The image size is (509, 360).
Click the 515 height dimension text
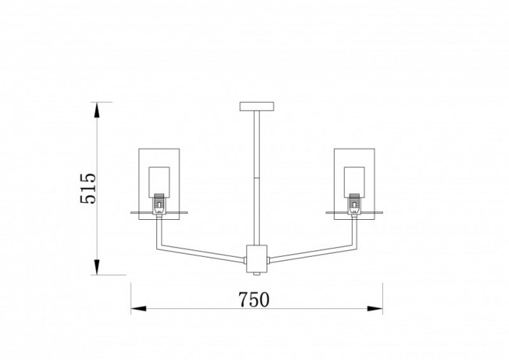point(88,189)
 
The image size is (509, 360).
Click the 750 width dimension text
point(254,300)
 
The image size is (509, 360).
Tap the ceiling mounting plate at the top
point(256,106)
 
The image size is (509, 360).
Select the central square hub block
point(256,259)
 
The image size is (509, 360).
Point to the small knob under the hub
point(256,274)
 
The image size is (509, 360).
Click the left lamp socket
point(159,204)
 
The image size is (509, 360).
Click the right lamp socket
point(354,204)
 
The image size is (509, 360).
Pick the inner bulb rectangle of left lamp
point(159,182)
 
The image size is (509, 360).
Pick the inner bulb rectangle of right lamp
point(354,182)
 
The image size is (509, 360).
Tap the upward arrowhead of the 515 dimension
point(96,110)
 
